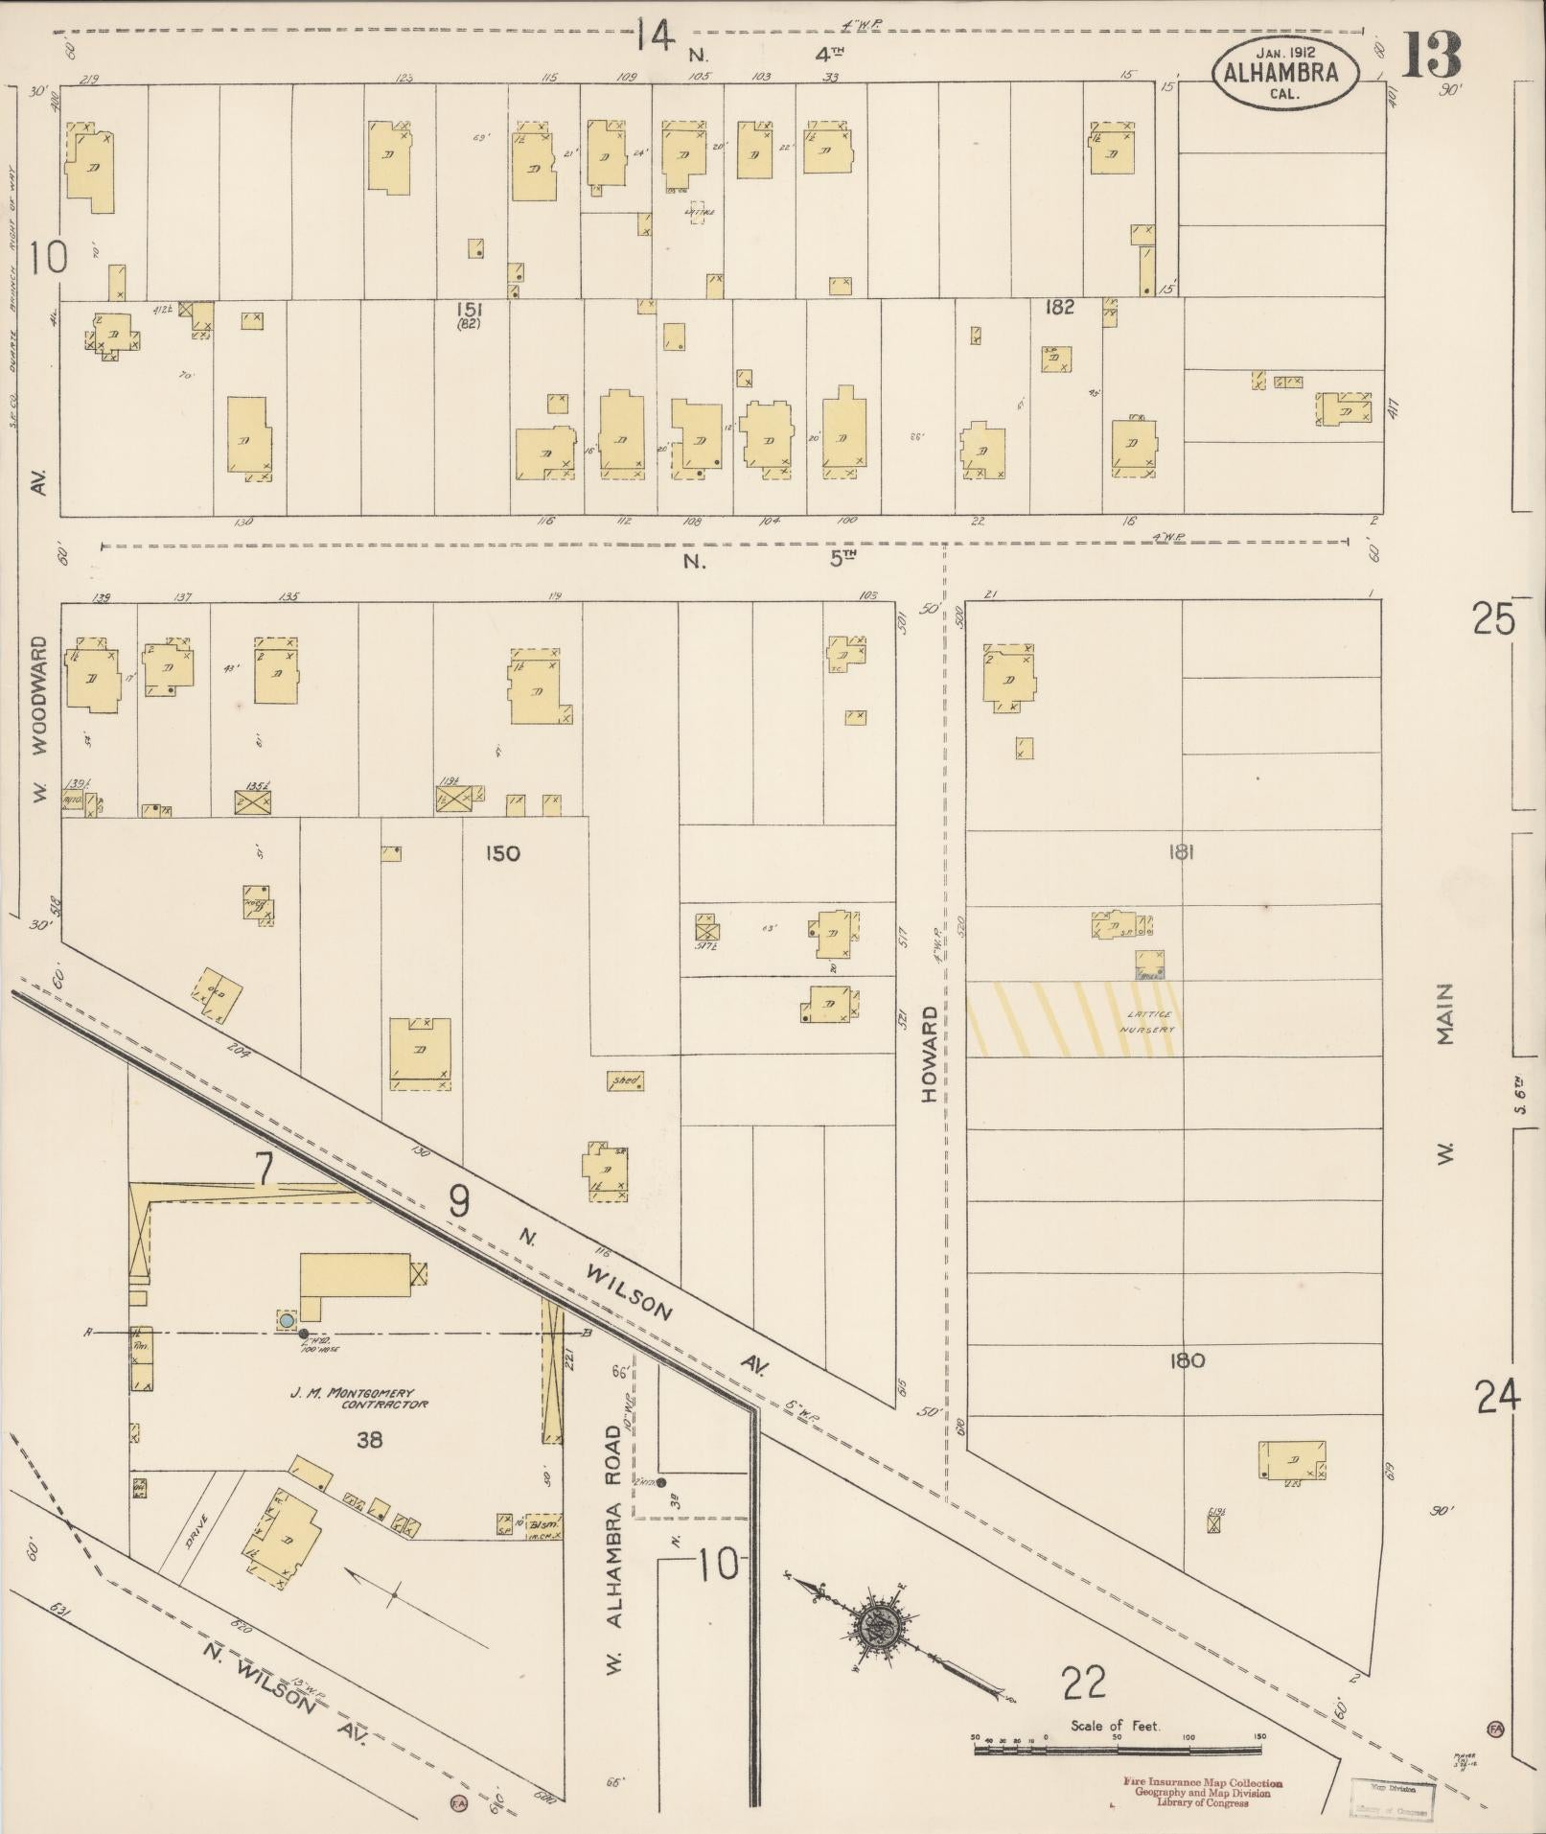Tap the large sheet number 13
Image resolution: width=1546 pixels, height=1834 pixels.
pyautogui.click(x=1432, y=56)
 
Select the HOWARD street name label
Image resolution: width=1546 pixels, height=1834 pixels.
pyautogui.click(x=929, y=1054)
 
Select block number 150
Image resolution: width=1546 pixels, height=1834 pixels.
pyautogui.click(x=501, y=853)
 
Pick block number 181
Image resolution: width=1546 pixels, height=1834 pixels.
pyautogui.click(x=1180, y=851)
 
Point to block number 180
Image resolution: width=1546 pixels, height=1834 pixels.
pyautogui.click(x=1187, y=1360)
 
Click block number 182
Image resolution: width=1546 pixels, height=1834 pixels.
pyautogui.click(x=1059, y=307)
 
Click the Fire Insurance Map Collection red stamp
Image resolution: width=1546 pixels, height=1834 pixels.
pyautogui.click(x=1202, y=1792)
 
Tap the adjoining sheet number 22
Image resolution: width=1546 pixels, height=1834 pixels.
pyautogui.click(x=1084, y=1682)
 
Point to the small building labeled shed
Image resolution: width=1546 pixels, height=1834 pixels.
pyautogui.click(x=626, y=1080)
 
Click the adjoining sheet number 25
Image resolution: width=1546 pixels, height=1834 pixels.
pyautogui.click(x=1494, y=618)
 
